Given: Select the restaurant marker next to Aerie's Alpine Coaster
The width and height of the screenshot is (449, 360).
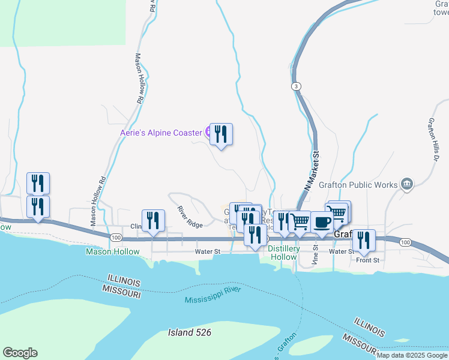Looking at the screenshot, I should click(221, 134).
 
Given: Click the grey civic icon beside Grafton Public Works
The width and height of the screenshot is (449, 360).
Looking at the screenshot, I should click(407, 183).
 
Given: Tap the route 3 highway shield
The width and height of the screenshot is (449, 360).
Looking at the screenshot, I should click(297, 87).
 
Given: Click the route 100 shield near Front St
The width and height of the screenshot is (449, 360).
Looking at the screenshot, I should click(405, 242).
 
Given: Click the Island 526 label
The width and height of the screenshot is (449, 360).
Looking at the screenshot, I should click(190, 332).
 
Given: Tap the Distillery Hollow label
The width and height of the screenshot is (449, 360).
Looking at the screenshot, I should click(282, 253).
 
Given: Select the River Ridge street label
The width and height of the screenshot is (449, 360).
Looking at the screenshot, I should click(190, 217).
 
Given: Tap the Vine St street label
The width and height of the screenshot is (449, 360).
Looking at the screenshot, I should click(315, 254).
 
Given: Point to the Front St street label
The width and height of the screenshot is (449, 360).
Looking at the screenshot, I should click(368, 260).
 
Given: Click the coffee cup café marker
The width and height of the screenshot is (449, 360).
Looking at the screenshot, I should click(322, 222).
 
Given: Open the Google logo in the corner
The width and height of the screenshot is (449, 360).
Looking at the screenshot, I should click(20, 353).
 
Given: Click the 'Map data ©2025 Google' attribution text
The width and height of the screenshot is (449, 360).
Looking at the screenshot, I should click(412, 355).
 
